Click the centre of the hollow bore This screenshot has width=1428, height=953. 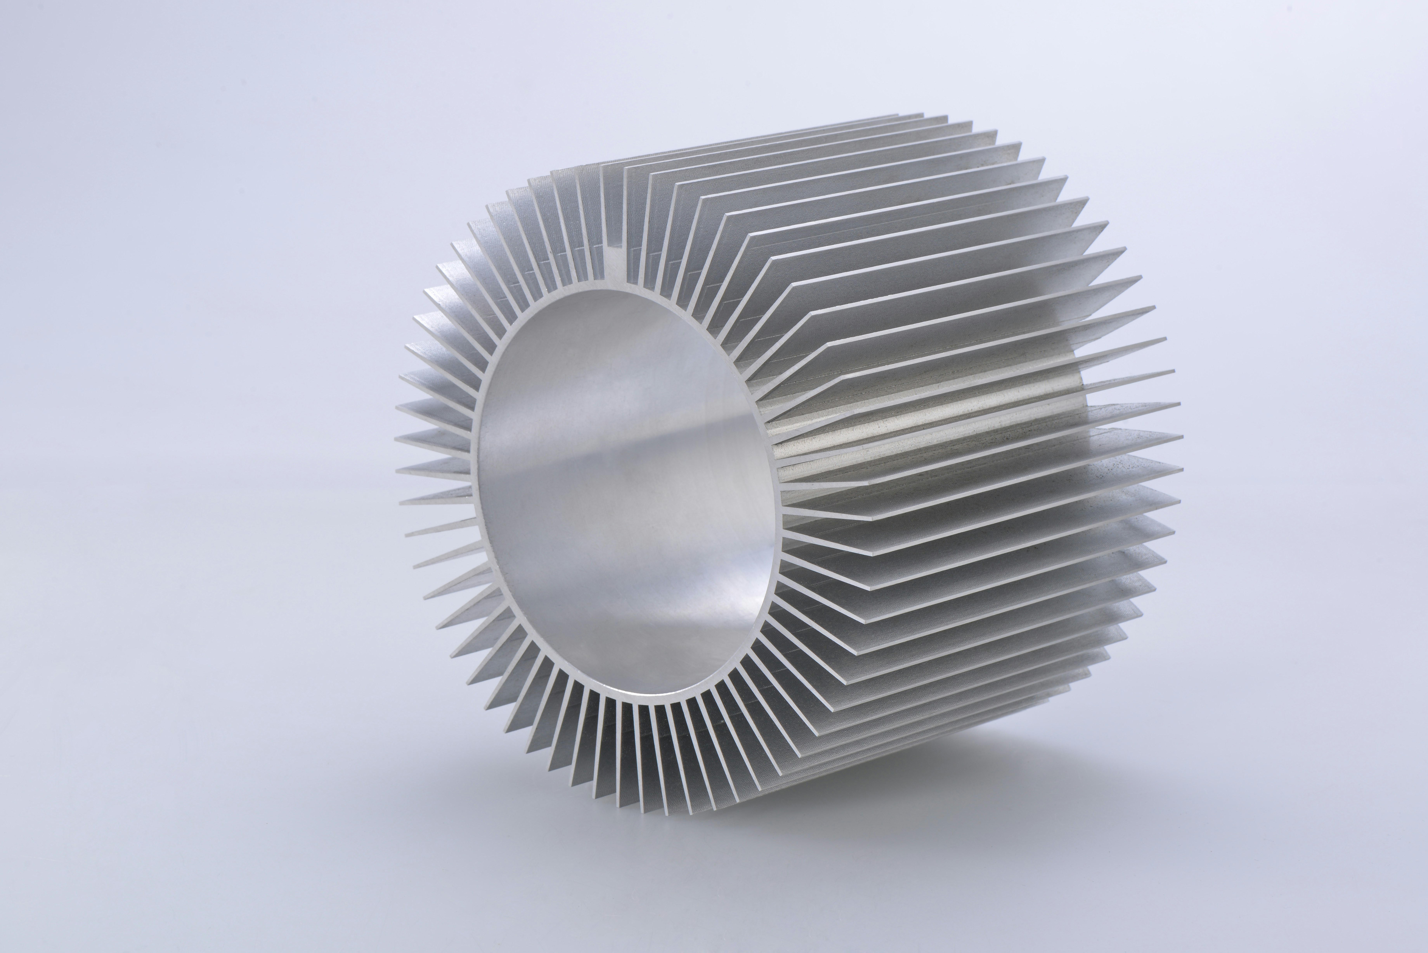[x=626, y=492]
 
